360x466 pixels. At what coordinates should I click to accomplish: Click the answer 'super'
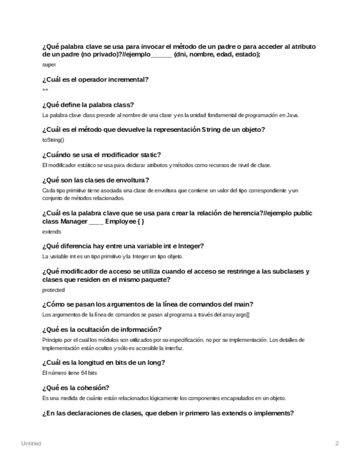pos(49,65)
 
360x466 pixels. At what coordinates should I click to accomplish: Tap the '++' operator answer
pos(45,90)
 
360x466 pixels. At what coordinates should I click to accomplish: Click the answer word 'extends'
pos(52,231)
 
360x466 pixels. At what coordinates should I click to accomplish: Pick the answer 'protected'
pos(53,290)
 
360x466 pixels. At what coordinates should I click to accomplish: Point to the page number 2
pos(337,442)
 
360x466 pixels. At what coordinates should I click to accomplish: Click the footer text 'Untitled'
pos(31,442)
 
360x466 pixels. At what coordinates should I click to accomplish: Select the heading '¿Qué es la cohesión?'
pos(75,388)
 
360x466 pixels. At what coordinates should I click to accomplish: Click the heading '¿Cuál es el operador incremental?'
pos(95,80)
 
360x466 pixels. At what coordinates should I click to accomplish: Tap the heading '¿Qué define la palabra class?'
pos(88,105)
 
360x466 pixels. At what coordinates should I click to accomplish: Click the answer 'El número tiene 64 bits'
pos(66,373)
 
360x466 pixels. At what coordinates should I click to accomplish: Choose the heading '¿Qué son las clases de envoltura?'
pos(96,180)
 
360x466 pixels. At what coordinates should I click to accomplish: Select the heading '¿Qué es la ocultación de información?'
pos(101,330)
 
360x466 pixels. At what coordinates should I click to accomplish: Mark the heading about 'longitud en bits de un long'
pos(104,363)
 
